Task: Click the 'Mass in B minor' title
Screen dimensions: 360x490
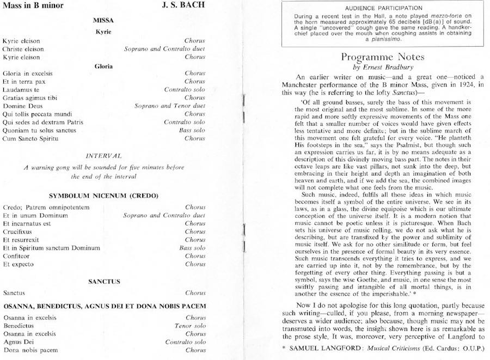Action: pos(33,6)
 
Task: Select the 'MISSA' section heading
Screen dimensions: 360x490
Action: pos(103,21)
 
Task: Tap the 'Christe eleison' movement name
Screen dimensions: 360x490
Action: pos(24,49)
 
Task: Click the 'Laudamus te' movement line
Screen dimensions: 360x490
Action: pos(21,89)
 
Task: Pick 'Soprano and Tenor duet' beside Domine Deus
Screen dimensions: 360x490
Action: pos(170,106)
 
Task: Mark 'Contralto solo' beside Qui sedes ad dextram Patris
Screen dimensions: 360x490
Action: pos(185,123)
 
